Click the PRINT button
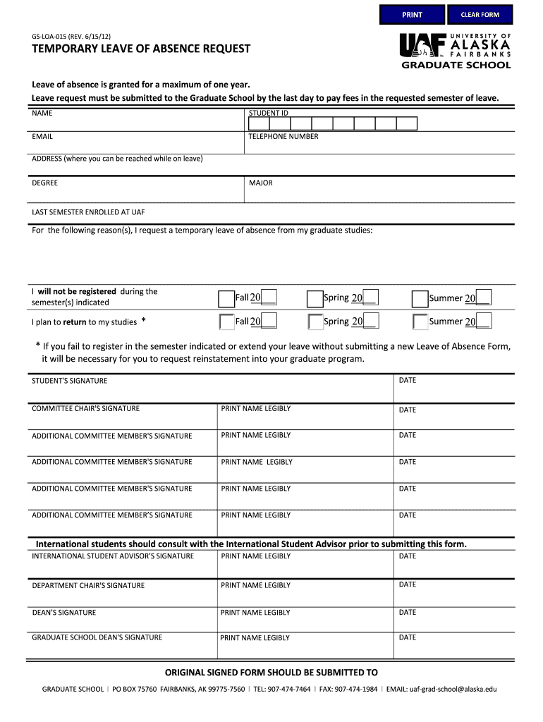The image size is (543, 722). [412, 15]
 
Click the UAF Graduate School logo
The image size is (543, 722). [455, 51]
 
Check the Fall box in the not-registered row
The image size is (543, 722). [226, 299]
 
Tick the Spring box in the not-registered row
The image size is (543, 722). [315, 299]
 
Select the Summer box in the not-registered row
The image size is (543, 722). [420, 299]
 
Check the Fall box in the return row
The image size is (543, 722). [226, 322]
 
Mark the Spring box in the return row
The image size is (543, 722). [315, 322]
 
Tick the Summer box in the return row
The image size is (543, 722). [420, 322]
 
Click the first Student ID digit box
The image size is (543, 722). [259, 124]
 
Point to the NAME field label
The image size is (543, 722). [42, 113]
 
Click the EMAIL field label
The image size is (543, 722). [42, 136]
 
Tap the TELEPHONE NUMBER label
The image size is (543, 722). [283, 136]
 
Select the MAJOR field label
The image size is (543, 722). [260, 183]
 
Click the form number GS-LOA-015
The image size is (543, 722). [51, 35]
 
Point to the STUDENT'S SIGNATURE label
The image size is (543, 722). [70, 381]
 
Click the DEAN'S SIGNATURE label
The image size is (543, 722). [63, 613]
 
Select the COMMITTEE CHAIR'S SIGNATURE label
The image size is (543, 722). [85, 408]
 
